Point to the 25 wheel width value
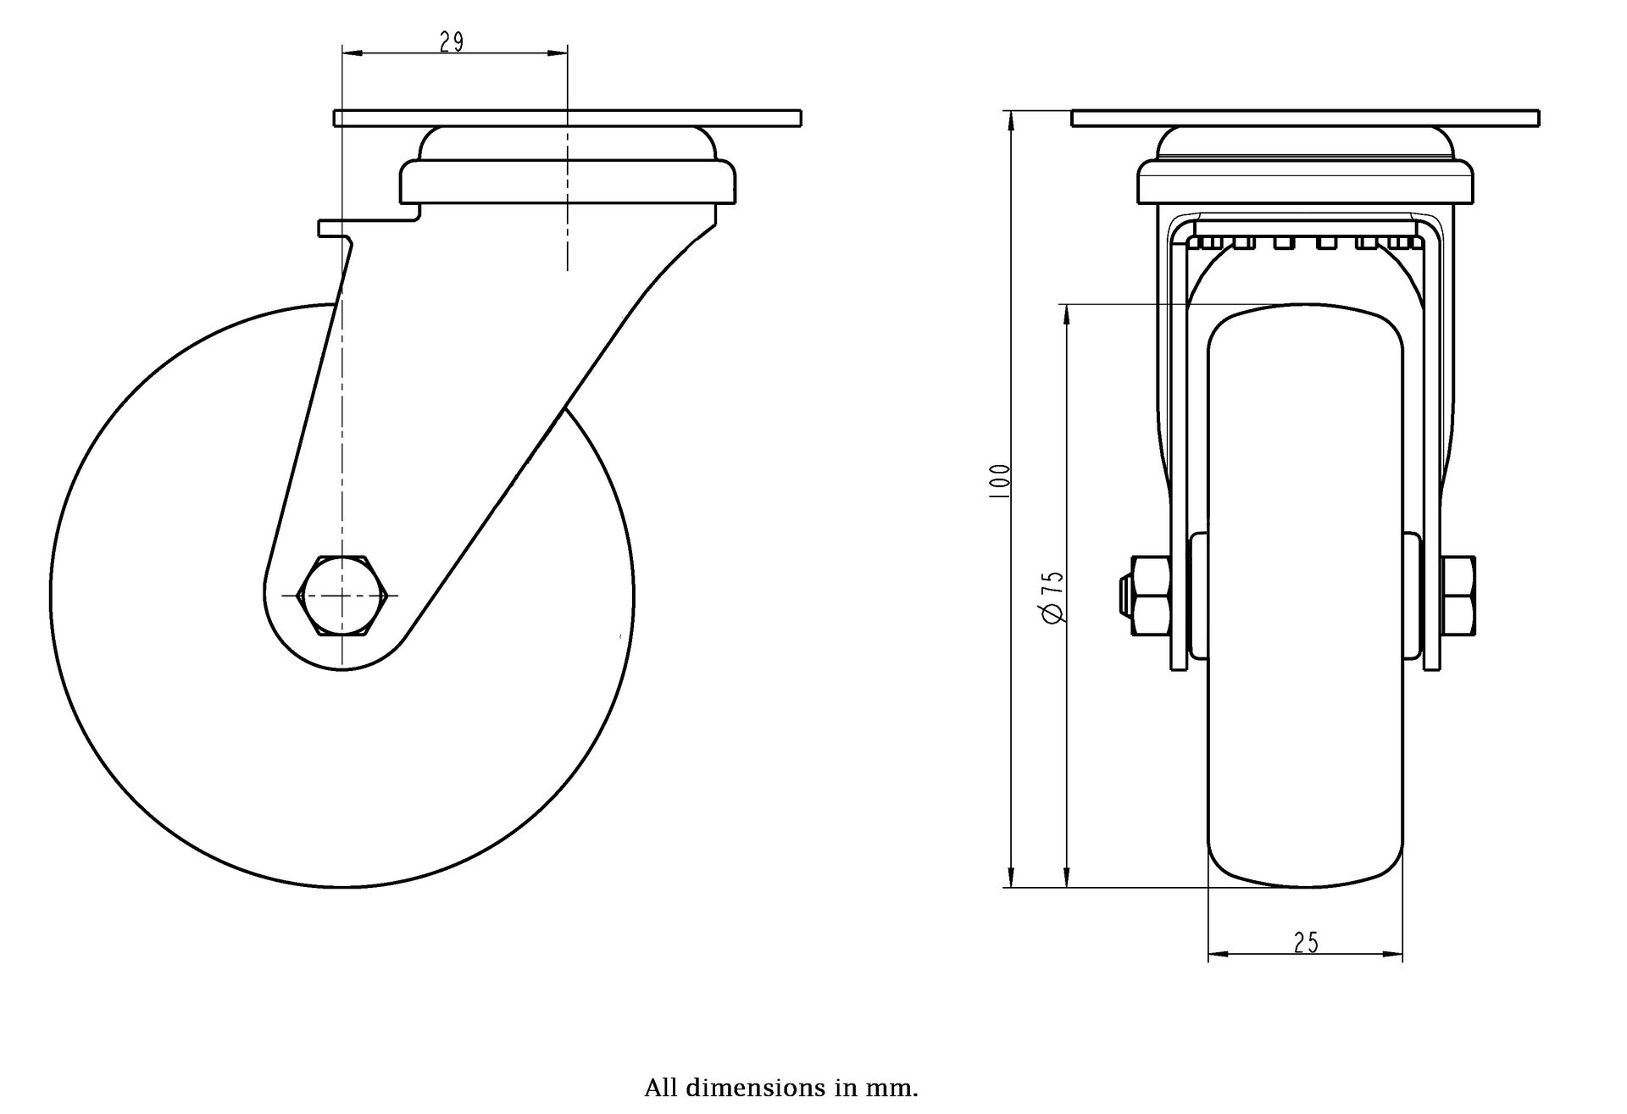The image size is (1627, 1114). [x=1306, y=943]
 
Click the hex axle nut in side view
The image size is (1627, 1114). [x=342, y=596]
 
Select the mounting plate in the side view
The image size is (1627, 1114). [x=568, y=119]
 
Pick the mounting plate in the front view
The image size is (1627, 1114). [x=1305, y=119]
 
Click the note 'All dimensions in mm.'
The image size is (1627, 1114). [x=780, y=1088]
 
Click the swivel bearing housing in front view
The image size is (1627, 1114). [x=1305, y=182]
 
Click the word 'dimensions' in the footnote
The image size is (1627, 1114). [x=741, y=1088]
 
